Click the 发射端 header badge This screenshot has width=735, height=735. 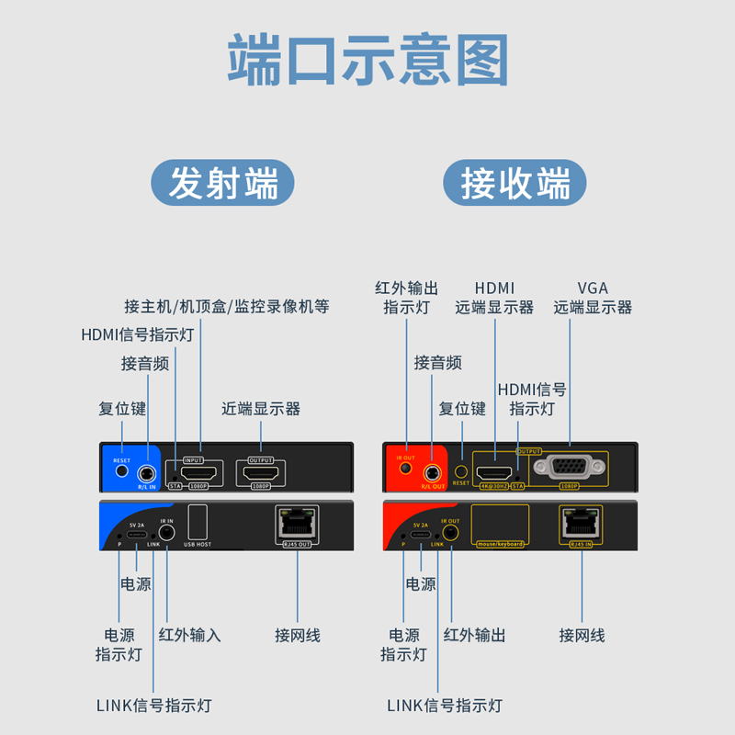(x=222, y=183)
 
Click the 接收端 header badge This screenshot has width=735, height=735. (x=514, y=183)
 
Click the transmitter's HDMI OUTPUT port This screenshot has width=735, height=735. (x=262, y=473)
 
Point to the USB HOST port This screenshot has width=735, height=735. (x=198, y=525)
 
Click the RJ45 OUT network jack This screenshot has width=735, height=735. (x=296, y=524)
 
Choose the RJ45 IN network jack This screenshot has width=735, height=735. (x=581, y=524)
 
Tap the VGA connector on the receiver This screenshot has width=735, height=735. (x=570, y=467)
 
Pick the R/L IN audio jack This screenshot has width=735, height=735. (x=146, y=474)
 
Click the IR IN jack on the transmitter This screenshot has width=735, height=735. (x=167, y=533)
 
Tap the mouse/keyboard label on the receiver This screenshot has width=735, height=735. (x=500, y=544)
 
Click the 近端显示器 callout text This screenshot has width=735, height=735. (x=261, y=409)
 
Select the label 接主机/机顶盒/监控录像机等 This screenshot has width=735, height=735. (x=227, y=306)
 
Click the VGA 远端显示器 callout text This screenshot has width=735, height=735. (x=593, y=299)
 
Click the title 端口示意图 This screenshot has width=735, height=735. (x=367, y=61)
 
